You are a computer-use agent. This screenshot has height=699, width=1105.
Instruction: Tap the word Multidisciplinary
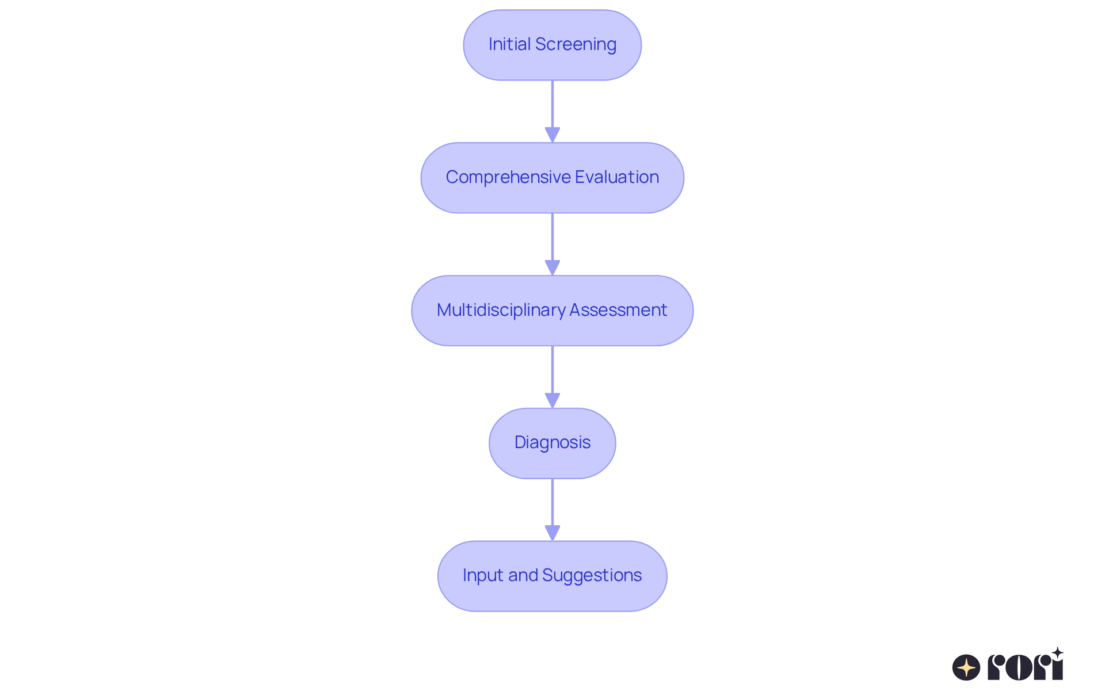coord(501,310)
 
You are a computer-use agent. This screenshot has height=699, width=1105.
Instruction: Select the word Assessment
coord(618,310)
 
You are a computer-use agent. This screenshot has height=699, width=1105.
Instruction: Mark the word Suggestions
coord(592,575)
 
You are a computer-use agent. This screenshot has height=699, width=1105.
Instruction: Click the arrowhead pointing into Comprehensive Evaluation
coord(552,135)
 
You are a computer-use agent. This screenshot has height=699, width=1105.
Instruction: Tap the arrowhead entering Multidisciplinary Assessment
coord(552,268)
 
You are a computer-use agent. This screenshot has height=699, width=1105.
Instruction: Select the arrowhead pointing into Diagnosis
coord(552,400)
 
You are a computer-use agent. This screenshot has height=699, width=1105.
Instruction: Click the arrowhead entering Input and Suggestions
coord(552,533)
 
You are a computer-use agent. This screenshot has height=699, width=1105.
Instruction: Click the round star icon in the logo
coord(966,667)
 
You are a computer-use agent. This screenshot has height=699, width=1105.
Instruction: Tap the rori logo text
coord(1024,667)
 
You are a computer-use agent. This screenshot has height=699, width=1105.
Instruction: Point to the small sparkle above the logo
coord(1057,652)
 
